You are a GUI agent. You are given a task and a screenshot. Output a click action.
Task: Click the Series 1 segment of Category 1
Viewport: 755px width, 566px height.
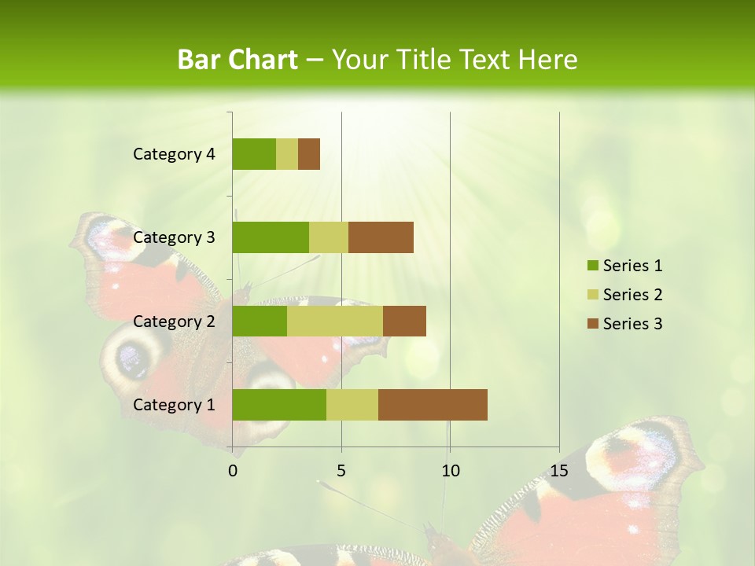pyautogui.click(x=279, y=405)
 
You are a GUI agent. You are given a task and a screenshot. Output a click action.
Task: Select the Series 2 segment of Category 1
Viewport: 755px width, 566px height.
pyautogui.click(x=352, y=405)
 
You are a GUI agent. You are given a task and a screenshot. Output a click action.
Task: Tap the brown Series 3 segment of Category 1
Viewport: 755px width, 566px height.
pyautogui.click(x=433, y=405)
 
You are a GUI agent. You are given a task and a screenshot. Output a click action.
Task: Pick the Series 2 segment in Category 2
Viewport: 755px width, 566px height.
pyautogui.click(x=335, y=321)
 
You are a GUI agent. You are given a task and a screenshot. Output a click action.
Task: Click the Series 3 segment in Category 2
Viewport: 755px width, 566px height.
pyautogui.click(x=404, y=321)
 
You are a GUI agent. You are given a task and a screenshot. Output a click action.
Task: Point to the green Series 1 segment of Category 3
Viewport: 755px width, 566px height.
pyautogui.click(x=271, y=237)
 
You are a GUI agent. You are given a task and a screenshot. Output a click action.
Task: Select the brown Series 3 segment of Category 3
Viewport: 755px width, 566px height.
pyautogui.click(x=381, y=237)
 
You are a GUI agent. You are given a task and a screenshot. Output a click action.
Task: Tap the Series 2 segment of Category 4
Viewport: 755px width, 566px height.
pyautogui.click(x=287, y=154)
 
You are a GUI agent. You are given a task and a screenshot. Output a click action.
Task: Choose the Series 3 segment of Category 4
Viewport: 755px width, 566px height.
pyautogui.click(x=309, y=154)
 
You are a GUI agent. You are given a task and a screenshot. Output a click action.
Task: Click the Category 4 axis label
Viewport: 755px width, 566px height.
pyautogui.click(x=174, y=154)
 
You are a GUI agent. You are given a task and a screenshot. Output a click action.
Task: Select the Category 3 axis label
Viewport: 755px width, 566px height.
pyautogui.click(x=174, y=237)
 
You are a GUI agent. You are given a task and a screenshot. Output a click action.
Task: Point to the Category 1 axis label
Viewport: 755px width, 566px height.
pyautogui.click(x=174, y=405)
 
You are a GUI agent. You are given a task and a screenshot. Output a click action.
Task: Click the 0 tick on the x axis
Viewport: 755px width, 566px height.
pyautogui.click(x=233, y=471)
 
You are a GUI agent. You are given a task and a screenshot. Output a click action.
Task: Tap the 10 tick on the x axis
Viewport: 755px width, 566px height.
pyautogui.click(x=450, y=471)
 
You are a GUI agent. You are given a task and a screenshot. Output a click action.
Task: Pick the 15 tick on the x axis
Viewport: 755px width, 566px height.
pyautogui.click(x=559, y=471)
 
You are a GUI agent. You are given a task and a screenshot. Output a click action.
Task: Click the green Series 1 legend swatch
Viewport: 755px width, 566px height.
pyautogui.click(x=592, y=266)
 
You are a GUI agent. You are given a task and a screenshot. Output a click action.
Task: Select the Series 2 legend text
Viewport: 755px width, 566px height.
pyautogui.click(x=632, y=295)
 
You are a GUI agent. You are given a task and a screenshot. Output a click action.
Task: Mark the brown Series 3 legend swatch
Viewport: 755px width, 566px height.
pyautogui.click(x=592, y=324)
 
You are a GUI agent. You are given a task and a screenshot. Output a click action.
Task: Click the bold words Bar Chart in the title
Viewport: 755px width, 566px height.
pyautogui.click(x=238, y=60)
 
